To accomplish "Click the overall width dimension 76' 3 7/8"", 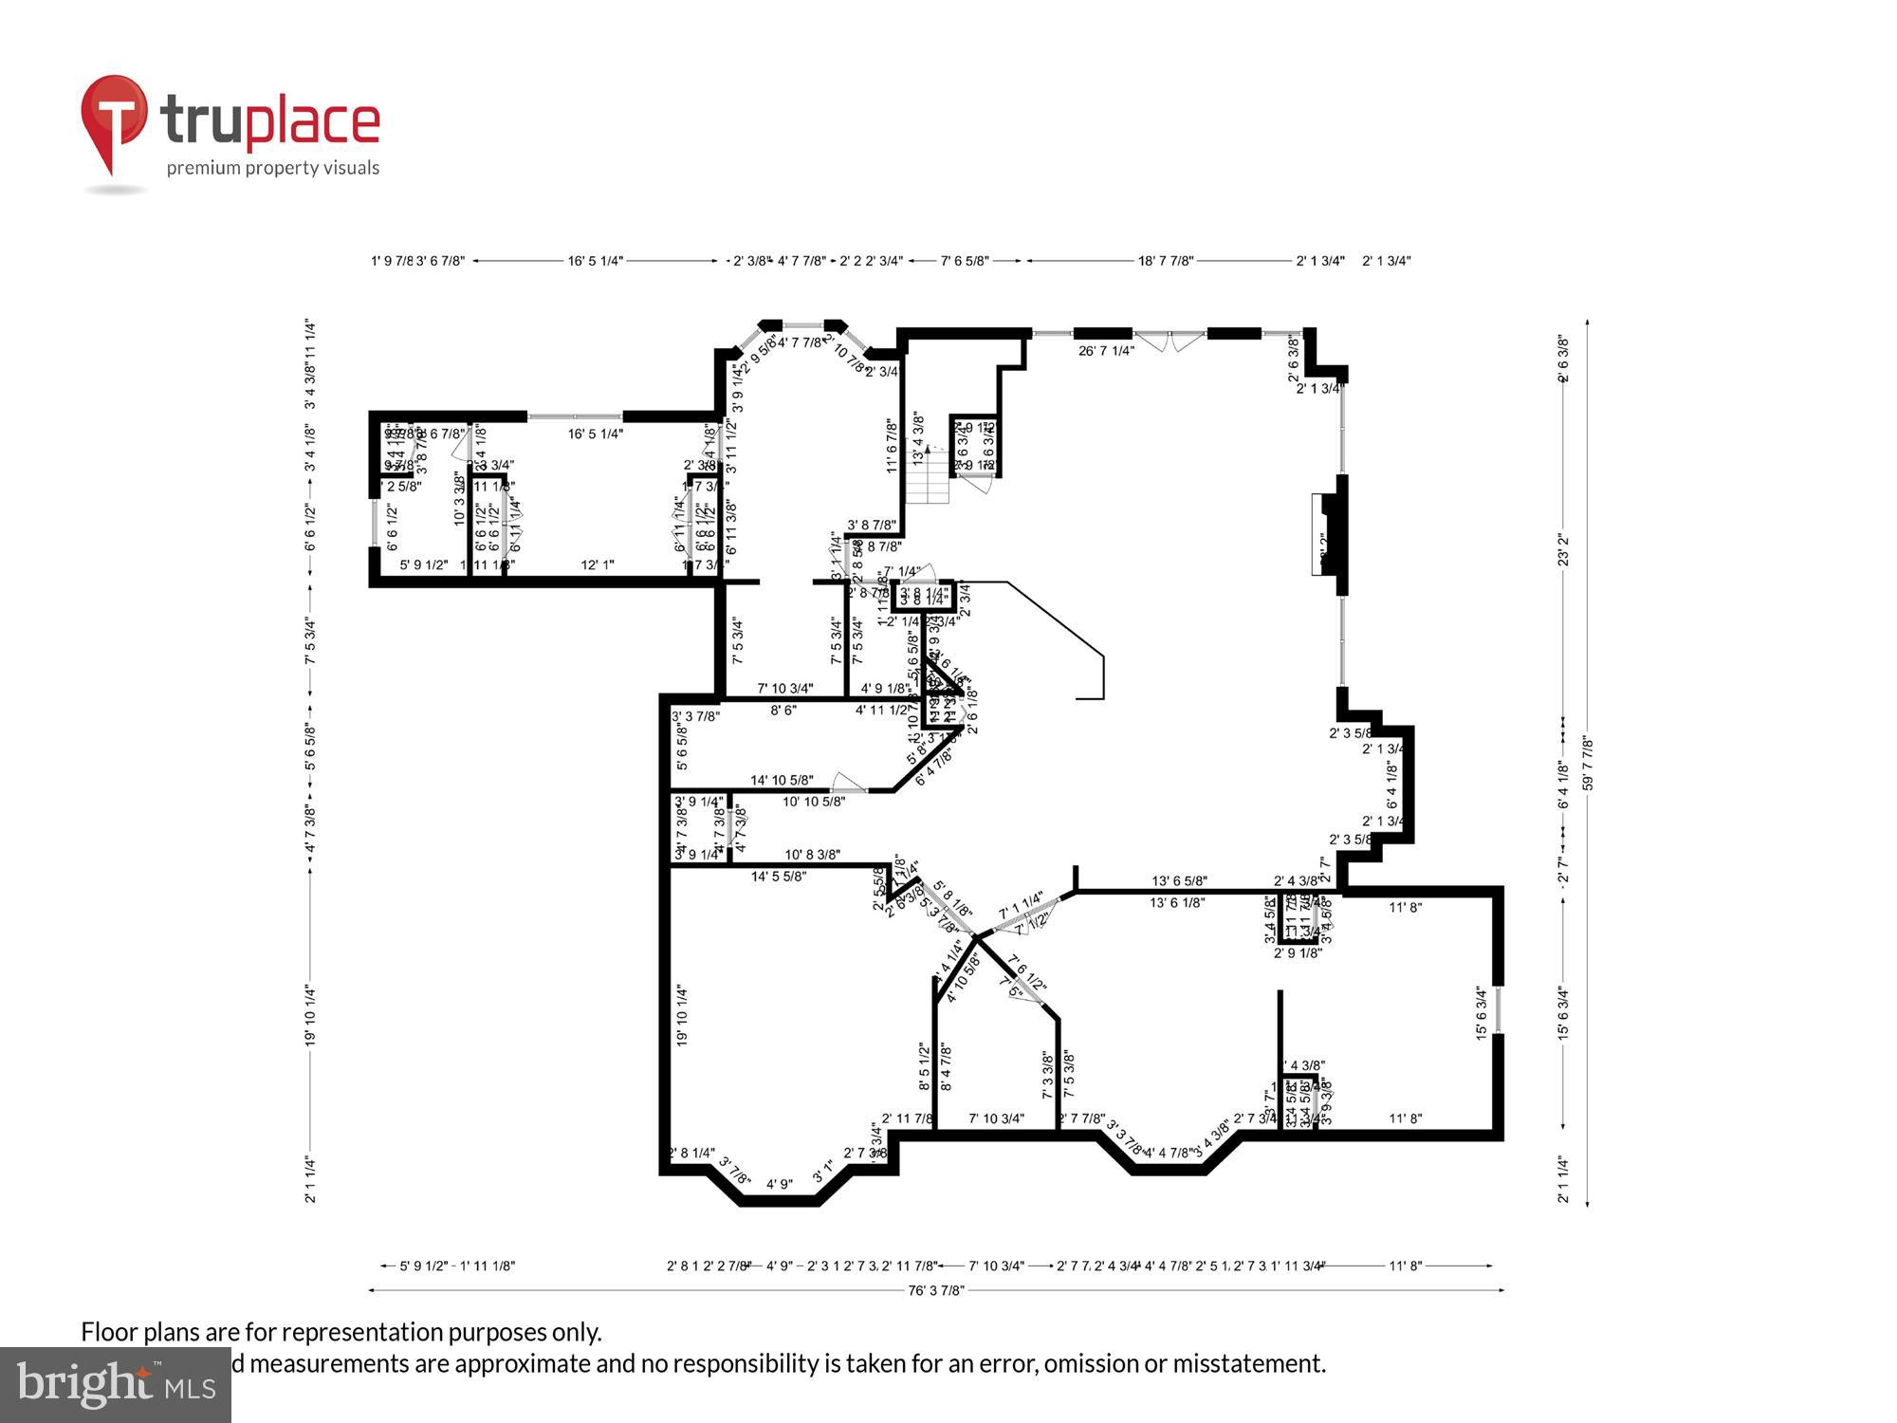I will coord(936,1290).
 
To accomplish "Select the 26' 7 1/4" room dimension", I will coord(1106,351).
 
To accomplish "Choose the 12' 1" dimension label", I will coord(597,565).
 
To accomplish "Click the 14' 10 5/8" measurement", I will coord(782,781).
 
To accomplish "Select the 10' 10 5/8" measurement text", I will coord(813,802).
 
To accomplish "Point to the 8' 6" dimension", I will coord(783,710).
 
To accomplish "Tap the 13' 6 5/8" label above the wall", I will coord(1179,881).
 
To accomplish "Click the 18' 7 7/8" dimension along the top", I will coord(1166,261).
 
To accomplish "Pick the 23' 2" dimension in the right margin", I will coord(1563,550).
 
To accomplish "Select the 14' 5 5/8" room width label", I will coord(779,877).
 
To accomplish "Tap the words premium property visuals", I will coord(273,169).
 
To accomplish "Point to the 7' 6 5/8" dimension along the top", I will coord(964,261).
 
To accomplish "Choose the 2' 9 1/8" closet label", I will coord(1297,953).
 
